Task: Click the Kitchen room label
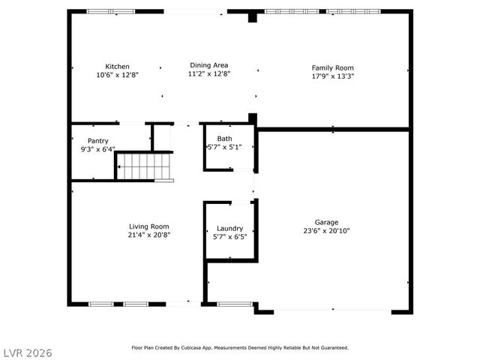(x=117, y=66)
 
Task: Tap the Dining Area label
(x=208, y=65)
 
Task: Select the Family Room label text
(x=332, y=67)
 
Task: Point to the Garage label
(x=326, y=222)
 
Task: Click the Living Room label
(x=148, y=226)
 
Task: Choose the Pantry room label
(x=98, y=140)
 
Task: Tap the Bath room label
(x=224, y=139)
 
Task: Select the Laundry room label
(x=229, y=228)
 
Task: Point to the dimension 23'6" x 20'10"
(x=326, y=231)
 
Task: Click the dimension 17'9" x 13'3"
(x=332, y=76)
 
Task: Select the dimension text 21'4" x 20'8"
(x=148, y=235)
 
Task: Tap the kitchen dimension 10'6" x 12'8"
(x=117, y=74)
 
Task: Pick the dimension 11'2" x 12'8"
(x=208, y=73)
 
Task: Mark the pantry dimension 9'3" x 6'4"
(x=98, y=148)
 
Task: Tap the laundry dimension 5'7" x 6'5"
(x=229, y=236)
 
